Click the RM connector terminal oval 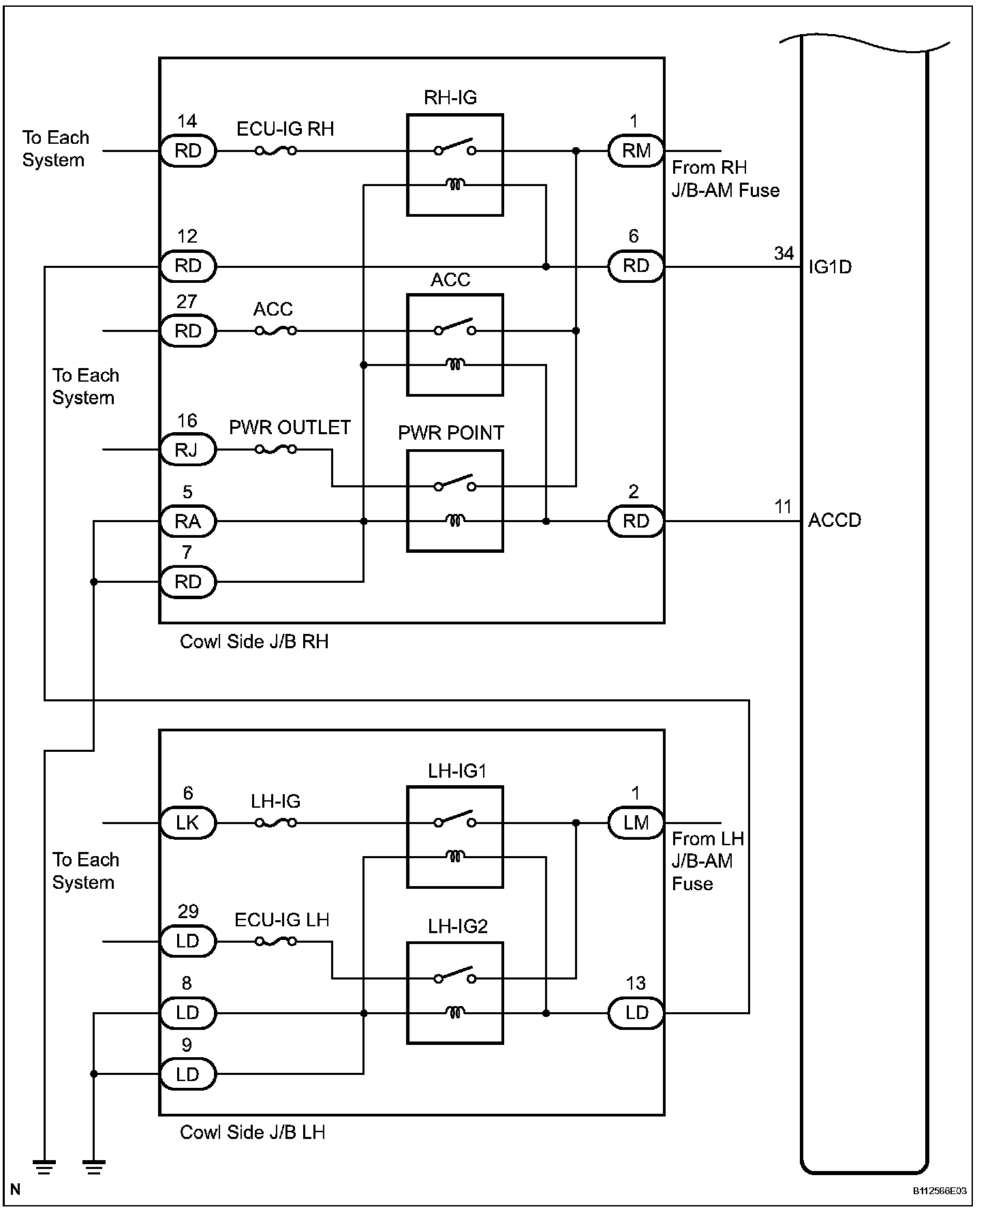point(636,151)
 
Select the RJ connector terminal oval point(188,450)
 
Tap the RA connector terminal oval point(188,521)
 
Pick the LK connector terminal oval point(188,823)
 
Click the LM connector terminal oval point(636,823)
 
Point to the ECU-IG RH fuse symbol point(275,151)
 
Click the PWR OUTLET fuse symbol point(275,450)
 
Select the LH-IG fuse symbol point(275,823)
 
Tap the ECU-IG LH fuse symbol point(275,941)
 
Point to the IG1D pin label point(830,267)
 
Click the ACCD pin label point(835,521)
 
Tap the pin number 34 point(784,254)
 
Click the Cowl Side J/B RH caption point(254,642)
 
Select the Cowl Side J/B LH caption point(253,1133)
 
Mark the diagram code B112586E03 point(940,1191)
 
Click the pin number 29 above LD point(188,911)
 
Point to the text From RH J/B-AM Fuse point(726,179)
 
